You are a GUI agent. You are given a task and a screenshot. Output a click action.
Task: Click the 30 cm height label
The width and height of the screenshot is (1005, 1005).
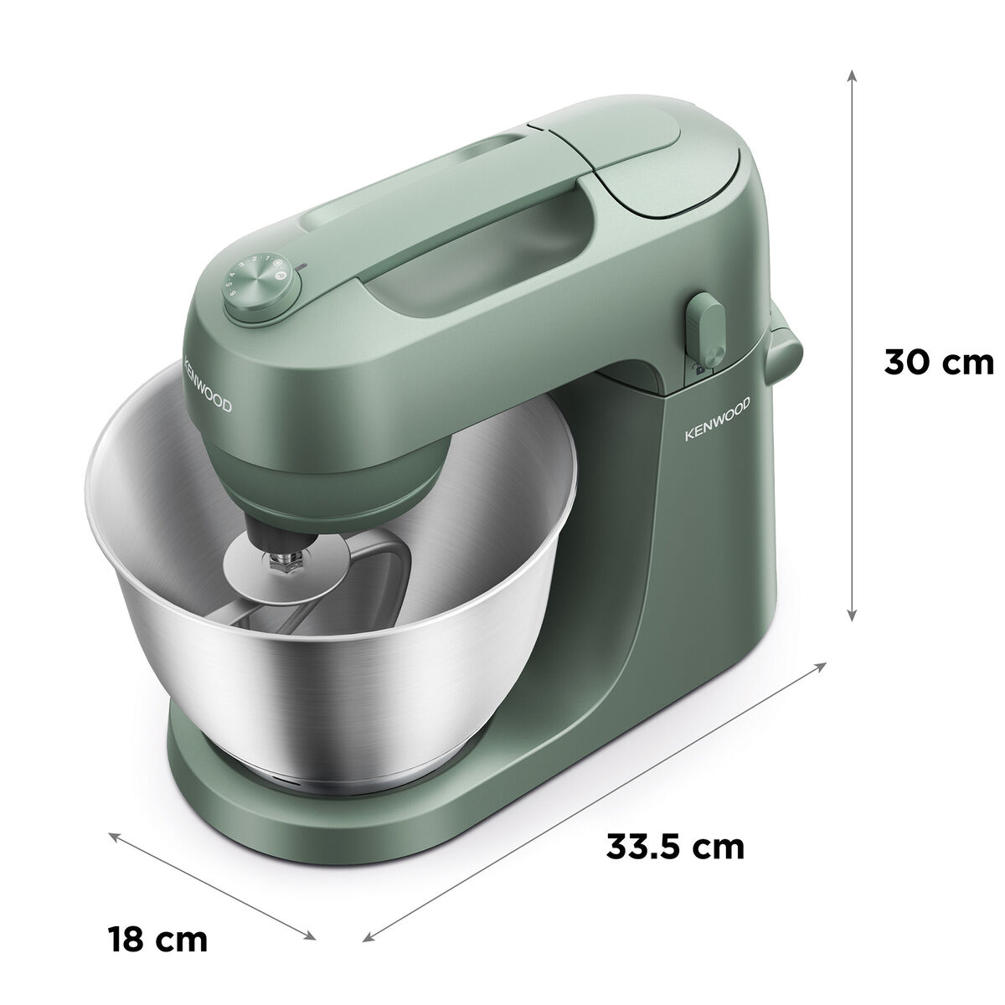coord(938,362)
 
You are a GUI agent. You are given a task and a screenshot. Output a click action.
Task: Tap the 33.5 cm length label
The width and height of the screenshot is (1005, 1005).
coord(675,847)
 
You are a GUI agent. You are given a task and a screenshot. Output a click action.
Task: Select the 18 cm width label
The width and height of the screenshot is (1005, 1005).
coord(157,924)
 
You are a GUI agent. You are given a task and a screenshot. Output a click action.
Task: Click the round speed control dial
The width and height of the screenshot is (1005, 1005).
coord(262,290)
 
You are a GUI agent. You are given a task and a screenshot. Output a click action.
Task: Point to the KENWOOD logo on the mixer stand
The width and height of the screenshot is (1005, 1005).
coord(718,418)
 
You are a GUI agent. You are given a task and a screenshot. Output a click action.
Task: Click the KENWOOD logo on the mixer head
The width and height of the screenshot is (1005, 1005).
coord(208,384)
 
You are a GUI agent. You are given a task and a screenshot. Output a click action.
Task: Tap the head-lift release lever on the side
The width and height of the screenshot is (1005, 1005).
coord(705,331)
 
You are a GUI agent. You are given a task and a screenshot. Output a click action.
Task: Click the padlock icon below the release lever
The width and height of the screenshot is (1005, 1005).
coord(698,368)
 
